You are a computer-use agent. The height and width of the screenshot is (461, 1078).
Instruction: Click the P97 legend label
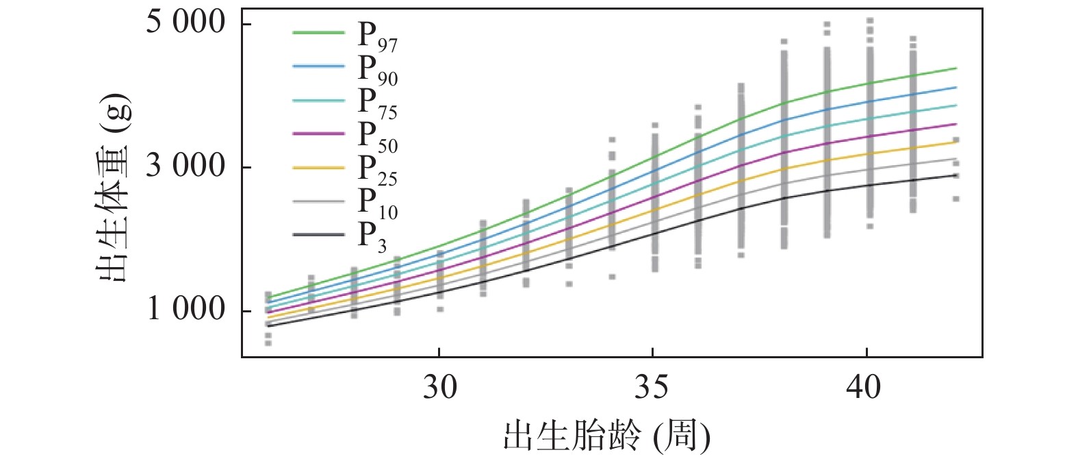point(377,36)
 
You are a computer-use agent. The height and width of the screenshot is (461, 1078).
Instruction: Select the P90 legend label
point(377,70)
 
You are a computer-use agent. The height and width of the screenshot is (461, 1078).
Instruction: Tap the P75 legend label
point(377,103)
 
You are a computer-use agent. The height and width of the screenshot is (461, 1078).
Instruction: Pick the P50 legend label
point(377,137)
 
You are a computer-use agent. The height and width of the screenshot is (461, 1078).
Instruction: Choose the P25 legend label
point(377,170)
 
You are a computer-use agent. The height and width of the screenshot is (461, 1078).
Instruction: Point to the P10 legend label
point(377,203)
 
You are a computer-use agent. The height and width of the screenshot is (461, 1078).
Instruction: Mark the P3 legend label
point(373,237)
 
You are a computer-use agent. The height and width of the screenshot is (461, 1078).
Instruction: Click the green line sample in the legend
point(319,32)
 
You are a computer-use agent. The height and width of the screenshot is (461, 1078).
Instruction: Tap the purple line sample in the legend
point(319,133)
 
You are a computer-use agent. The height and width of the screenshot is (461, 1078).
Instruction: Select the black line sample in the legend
point(319,234)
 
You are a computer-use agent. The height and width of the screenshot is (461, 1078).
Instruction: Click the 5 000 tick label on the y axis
point(185,23)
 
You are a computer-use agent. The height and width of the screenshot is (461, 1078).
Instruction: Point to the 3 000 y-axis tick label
point(185,166)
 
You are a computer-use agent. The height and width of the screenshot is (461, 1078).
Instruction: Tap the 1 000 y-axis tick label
point(185,310)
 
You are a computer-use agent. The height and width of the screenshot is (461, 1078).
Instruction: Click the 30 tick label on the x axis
point(439,388)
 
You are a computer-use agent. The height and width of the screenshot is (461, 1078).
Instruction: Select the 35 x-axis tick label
point(652,388)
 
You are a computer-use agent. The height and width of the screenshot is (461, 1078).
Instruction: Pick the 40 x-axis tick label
point(865,388)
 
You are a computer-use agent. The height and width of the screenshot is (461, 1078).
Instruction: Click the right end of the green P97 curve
point(956,68)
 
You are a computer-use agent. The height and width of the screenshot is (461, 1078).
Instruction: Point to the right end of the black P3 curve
point(956,175)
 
